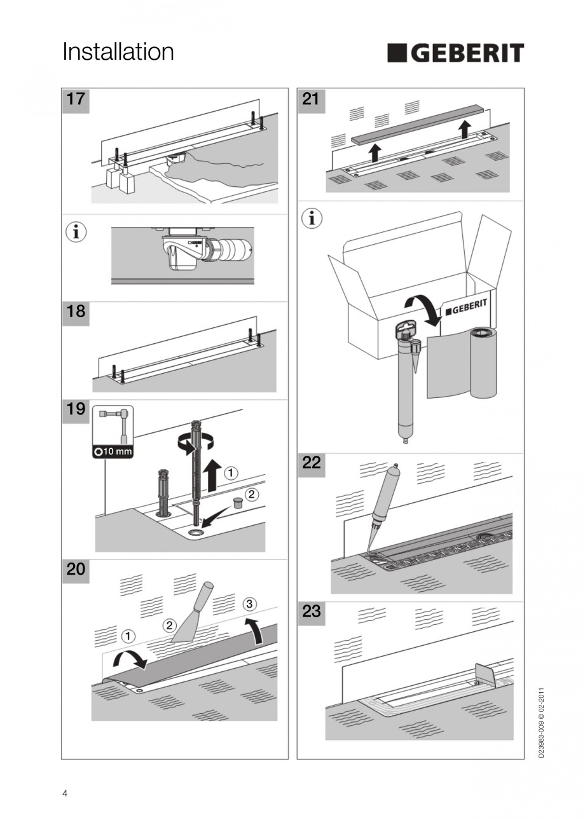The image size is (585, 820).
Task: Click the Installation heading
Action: [x=118, y=52]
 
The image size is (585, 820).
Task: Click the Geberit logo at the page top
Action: [x=455, y=53]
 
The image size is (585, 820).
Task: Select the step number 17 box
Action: [x=76, y=100]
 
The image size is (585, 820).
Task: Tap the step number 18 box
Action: [x=76, y=313]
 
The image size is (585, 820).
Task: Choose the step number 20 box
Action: [x=76, y=570]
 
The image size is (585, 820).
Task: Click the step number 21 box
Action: [x=312, y=100]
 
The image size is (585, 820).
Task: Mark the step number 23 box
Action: [x=312, y=612]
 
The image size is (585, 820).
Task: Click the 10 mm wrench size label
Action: [x=113, y=452]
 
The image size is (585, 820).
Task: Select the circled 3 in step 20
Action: [x=250, y=603]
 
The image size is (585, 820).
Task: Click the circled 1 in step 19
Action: [x=231, y=473]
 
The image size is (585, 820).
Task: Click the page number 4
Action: [x=65, y=793]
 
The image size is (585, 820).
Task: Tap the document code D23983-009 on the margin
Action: [x=541, y=722]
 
